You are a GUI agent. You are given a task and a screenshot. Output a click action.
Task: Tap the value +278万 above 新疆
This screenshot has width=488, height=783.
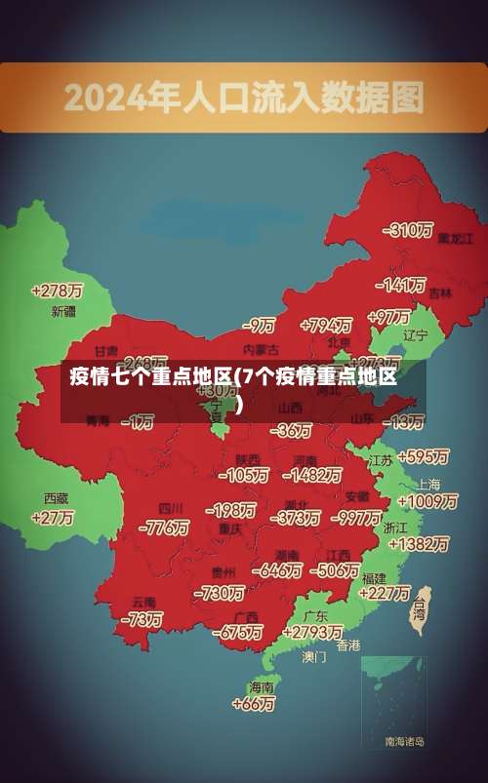(57, 291)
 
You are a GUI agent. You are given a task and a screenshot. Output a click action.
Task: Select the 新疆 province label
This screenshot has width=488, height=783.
(62, 312)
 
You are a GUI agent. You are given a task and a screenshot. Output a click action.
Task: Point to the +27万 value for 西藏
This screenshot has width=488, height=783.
(53, 518)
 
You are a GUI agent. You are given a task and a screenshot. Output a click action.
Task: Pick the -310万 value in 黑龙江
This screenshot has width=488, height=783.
(408, 230)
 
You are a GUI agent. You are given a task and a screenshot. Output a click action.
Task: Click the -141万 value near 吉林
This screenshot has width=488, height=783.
(401, 286)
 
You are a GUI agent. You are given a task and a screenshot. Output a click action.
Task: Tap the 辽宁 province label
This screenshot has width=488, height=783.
(416, 334)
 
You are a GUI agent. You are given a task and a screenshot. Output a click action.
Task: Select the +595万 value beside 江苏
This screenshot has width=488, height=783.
(423, 456)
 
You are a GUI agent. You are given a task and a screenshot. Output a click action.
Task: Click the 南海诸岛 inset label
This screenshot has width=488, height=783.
(404, 742)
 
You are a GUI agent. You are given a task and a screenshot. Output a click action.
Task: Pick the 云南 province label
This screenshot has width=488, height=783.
(144, 602)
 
